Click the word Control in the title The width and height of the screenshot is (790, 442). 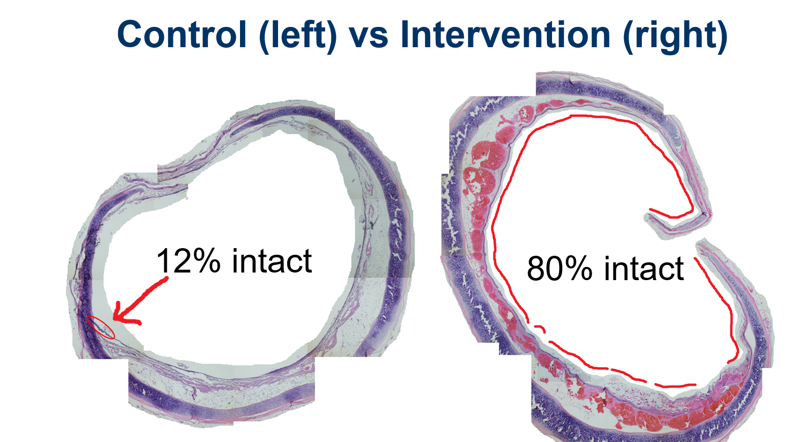pyautogui.click(x=182, y=34)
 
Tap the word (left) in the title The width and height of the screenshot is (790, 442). pyautogui.click(x=298, y=36)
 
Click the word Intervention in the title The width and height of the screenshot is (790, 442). pyautogui.click(x=505, y=34)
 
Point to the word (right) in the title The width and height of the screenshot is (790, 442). pyautogui.click(x=675, y=36)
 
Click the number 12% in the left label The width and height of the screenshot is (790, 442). pyautogui.click(x=188, y=261)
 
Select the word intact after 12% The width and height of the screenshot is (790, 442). pyautogui.click(x=272, y=261)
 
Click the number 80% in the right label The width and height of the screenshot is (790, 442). pyautogui.click(x=560, y=268)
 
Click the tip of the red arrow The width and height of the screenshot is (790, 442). pyautogui.click(x=114, y=320)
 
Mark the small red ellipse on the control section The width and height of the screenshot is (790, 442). pyautogui.click(x=101, y=328)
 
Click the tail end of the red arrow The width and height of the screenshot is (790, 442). pyautogui.click(x=166, y=278)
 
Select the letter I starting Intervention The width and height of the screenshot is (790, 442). pyautogui.click(x=404, y=34)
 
